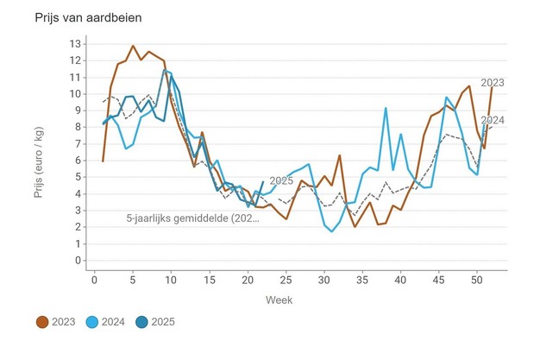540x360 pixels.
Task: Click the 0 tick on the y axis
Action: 78,260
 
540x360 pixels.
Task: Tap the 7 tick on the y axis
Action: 78,143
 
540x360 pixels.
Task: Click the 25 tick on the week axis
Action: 286,278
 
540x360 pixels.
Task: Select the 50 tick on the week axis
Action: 476,278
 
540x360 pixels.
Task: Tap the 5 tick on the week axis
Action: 133,278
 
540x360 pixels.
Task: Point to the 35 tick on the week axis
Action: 362,278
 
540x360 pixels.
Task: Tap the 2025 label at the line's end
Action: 282,180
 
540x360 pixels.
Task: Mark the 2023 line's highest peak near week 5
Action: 133,46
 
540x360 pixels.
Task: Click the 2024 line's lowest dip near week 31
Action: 332,231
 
